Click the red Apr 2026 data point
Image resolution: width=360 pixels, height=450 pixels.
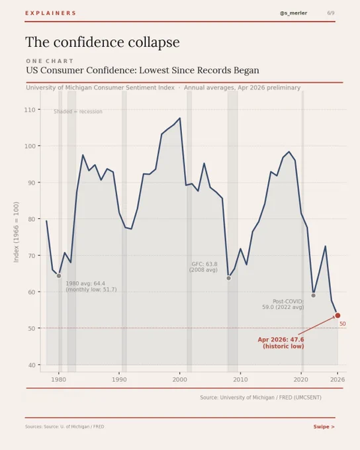pos(337,316)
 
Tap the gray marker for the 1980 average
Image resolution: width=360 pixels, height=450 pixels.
pos(59,276)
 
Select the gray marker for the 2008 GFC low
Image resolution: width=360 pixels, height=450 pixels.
pos(229,278)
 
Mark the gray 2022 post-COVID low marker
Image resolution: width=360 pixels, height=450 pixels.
pos(314,295)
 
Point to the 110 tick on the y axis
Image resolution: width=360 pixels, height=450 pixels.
pos(30,110)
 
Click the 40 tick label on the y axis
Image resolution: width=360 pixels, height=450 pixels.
pos(32,365)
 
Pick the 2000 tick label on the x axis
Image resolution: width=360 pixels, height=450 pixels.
pos(180,380)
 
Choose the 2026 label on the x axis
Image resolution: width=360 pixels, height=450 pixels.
pos(337,380)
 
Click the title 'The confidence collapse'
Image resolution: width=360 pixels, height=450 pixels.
pos(103,42)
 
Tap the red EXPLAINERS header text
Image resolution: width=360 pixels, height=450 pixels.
pos(50,13)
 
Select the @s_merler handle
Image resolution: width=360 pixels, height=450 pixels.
pos(293,13)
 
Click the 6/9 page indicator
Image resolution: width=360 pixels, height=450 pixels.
pos(331,13)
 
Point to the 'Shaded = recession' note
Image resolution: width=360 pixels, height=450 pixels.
pos(78,112)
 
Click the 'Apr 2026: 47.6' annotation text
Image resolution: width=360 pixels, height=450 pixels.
pos(281,339)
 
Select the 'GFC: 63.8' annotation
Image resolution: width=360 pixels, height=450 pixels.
pos(204,264)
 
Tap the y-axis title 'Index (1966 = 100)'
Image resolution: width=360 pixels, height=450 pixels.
pos(16,232)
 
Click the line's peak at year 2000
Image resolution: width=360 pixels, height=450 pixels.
pos(180,118)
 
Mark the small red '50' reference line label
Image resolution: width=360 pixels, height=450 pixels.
pos(343,324)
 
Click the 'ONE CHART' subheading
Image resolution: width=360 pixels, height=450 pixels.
pos(50,61)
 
